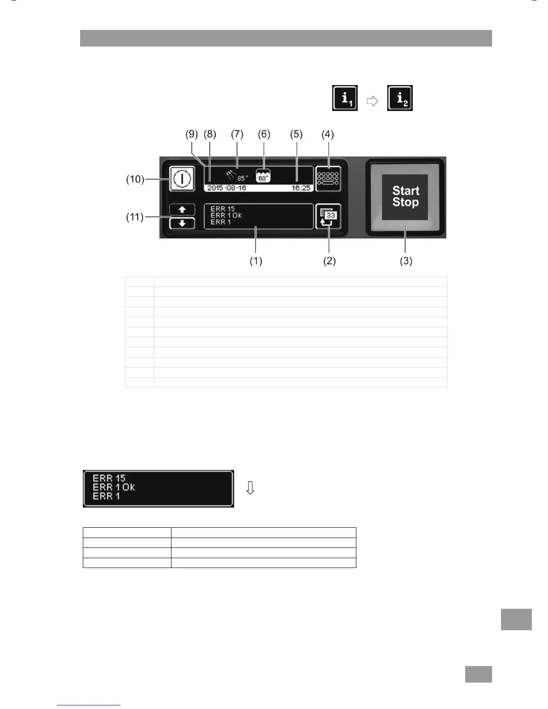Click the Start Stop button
pyautogui.click(x=405, y=196)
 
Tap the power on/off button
pyautogui.click(x=182, y=179)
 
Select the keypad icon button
pyautogui.click(x=328, y=179)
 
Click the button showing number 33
pyautogui.click(x=328, y=217)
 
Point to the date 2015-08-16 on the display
pyautogui.click(x=227, y=188)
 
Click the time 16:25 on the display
pyautogui.click(x=301, y=188)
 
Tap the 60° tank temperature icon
pyautogui.click(x=263, y=176)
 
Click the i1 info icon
pyautogui.click(x=345, y=98)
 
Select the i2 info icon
pyautogui.click(x=400, y=98)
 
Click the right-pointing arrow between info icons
pyautogui.click(x=372, y=102)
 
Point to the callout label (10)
pyautogui.click(x=135, y=179)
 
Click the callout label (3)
pyautogui.click(x=406, y=261)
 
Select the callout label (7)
pyautogui.click(x=237, y=134)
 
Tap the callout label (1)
pyautogui.click(x=256, y=261)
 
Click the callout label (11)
pyautogui.click(x=135, y=217)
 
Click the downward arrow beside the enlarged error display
pyautogui.click(x=250, y=488)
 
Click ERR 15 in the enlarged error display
pyautogui.click(x=109, y=478)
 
